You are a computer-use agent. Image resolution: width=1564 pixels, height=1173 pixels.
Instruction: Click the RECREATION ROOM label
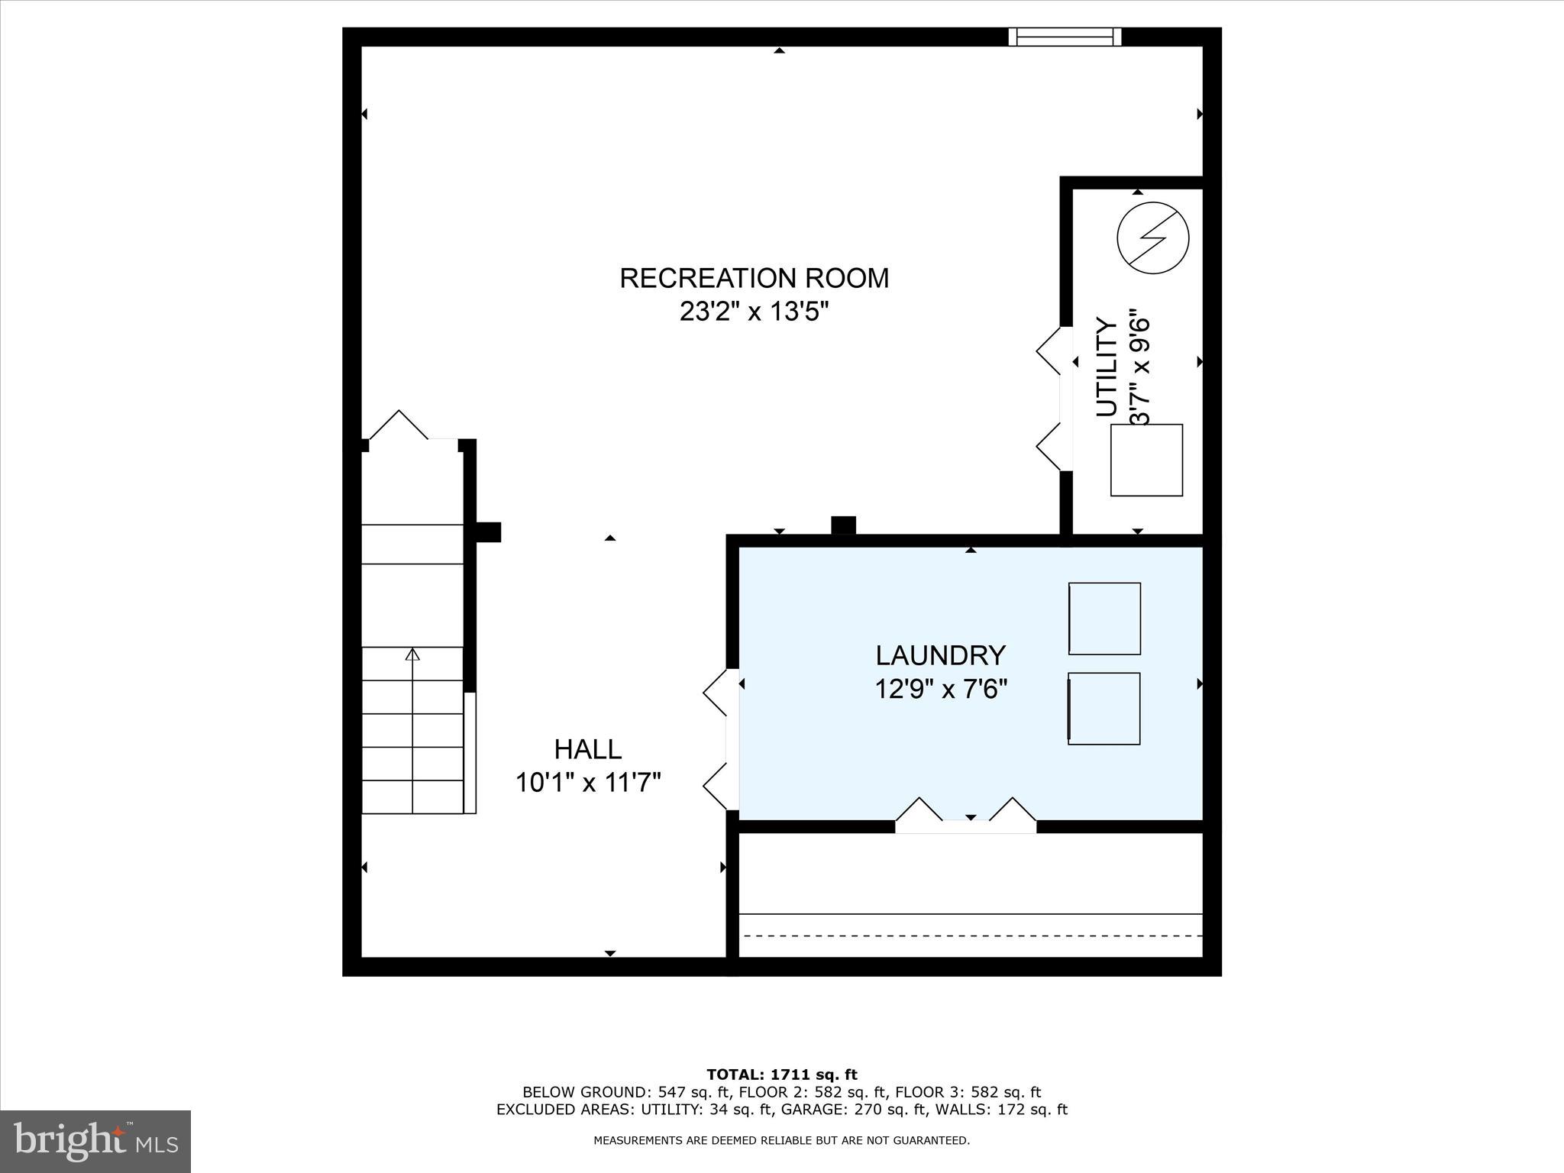pos(754,278)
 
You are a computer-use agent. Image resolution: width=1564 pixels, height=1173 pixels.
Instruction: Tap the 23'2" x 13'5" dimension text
pos(754,312)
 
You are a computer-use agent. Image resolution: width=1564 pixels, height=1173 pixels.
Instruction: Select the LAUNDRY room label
pos(940,655)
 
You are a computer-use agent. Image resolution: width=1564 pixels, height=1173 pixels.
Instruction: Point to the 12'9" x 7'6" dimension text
pos(940,690)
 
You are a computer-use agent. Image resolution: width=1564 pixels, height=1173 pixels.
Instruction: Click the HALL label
pos(587,749)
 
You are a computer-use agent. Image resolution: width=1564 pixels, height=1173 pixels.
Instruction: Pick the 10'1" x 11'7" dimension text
pos(587,783)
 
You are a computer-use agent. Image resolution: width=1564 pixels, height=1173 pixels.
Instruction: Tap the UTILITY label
pos(1107,367)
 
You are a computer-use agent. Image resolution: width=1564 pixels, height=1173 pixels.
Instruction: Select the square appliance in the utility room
pos(1146,460)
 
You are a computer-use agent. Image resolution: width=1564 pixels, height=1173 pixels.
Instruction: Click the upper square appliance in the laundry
pos(1104,619)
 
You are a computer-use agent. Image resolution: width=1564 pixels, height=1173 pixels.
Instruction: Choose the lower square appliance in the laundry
pos(1104,709)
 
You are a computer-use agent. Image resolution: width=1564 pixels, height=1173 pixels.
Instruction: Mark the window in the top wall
pos(1065,37)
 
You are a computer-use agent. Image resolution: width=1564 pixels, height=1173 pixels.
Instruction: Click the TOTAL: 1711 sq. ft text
pos(781,1075)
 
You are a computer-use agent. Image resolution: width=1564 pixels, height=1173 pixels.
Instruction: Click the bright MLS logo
pos(95,1141)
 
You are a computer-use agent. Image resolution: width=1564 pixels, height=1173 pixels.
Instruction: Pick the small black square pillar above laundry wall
pos(843,525)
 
